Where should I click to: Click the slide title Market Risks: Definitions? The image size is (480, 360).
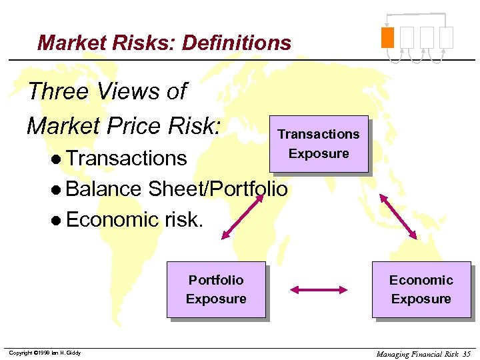click(x=164, y=43)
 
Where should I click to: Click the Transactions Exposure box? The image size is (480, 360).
click(x=318, y=144)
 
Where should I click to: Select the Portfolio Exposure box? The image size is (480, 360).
click(x=216, y=289)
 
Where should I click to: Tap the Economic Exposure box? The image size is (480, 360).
click(x=421, y=289)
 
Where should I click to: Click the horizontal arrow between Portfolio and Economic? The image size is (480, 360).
click(x=319, y=290)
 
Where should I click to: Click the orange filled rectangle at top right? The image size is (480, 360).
click(x=387, y=37)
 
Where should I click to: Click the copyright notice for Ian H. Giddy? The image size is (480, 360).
click(x=45, y=353)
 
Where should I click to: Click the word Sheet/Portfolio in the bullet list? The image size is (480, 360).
click(x=218, y=189)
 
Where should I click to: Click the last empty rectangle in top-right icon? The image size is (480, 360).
click(x=446, y=37)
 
